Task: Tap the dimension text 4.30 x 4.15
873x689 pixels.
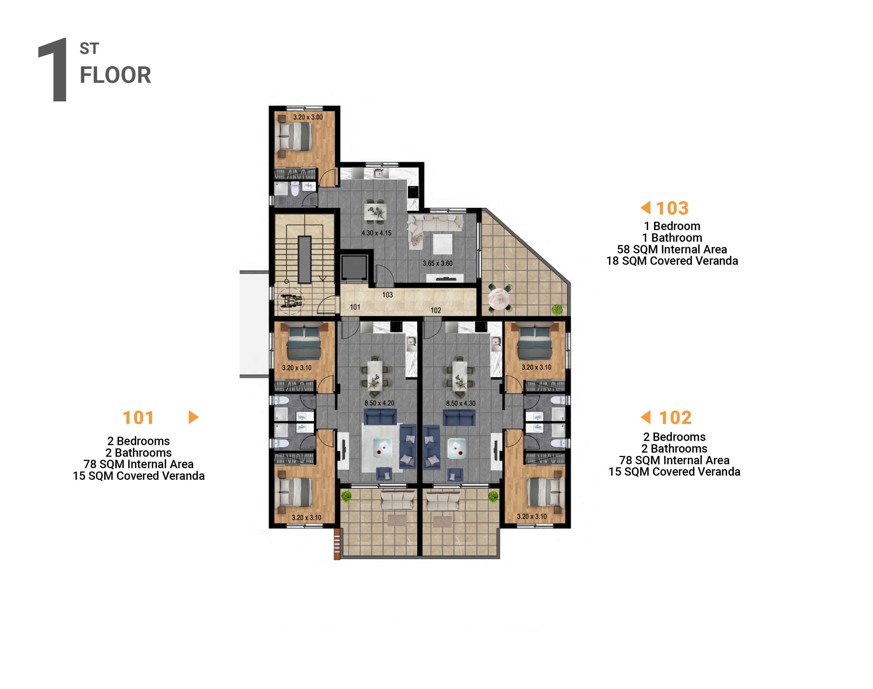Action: pos(376,233)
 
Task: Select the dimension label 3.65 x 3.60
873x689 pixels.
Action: pos(437,263)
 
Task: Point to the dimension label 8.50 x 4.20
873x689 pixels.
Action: pos(379,403)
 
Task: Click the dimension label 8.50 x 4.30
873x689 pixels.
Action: pos(460,403)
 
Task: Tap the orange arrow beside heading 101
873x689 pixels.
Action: pos(193,417)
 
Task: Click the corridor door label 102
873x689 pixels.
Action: pos(436,310)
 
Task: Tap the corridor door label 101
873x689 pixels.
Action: pos(355,307)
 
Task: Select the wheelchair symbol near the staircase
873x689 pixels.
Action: pos(291,301)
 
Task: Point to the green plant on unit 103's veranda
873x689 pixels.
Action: pos(557,309)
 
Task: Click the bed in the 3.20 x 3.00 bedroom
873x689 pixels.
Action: pos(294,136)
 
